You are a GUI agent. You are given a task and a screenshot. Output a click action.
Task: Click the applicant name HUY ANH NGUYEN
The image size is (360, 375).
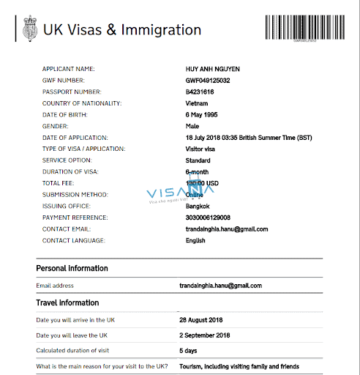point(213,69)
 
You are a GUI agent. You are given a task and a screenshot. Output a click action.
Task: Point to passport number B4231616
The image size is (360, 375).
point(200,92)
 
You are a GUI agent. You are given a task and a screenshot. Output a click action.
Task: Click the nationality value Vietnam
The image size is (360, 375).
point(198,103)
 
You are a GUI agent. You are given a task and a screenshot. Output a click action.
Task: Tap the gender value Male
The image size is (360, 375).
point(193,126)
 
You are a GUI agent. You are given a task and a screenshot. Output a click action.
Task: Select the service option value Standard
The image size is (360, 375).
point(198,160)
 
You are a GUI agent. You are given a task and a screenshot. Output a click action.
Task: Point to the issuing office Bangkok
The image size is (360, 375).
point(198,206)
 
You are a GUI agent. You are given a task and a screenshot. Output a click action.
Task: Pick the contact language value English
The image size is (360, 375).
point(197,240)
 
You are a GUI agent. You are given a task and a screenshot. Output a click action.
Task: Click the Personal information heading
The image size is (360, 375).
point(72,268)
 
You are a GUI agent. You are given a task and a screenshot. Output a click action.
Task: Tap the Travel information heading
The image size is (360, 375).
point(67,302)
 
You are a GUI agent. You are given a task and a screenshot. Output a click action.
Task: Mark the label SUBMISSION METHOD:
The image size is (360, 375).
point(75,195)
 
